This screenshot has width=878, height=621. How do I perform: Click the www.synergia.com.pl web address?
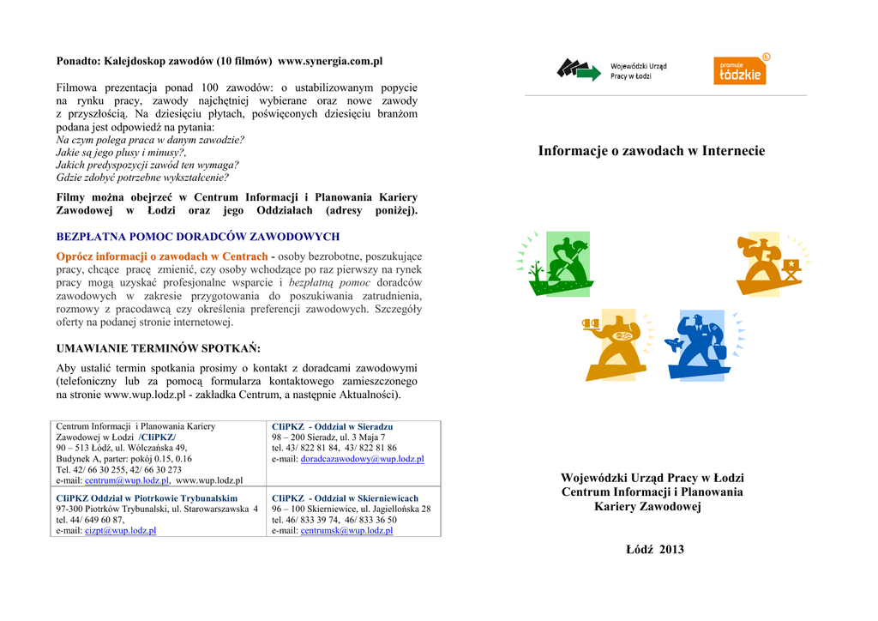pos(330,62)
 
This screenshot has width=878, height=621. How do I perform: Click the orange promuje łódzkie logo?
pos(740,70)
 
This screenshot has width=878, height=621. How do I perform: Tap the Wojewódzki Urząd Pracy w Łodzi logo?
pos(612,70)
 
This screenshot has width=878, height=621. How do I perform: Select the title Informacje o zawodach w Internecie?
pos(652,151)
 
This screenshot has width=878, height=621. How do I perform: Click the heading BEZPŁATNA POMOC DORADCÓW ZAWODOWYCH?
pos(197,237)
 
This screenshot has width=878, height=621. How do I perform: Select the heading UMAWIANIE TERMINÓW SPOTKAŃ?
pos(158,348)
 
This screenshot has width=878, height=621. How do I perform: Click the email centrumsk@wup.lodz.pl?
pos(346,531)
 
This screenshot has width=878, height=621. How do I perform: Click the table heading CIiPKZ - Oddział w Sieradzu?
pos(332,426)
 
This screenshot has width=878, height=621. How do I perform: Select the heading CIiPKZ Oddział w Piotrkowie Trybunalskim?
pos(147,497)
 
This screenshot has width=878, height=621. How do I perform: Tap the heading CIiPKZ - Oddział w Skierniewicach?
pos(345,497)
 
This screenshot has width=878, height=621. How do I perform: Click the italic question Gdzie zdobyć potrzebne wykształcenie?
pos(142,178)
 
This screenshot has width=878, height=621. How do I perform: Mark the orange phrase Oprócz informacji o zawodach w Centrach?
pos(162,256)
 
